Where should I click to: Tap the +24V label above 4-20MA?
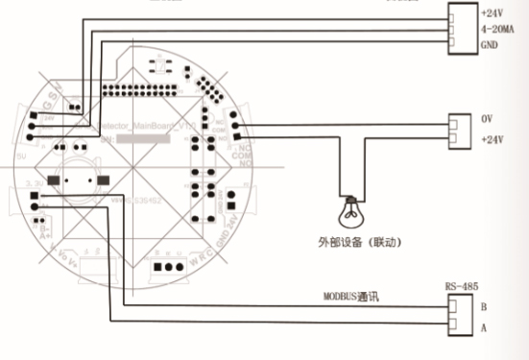pyautogui.click(x=492, y=15)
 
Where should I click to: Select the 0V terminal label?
pyautogui.click(x=487, y=120)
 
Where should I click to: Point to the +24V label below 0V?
pyautogui.click(x=492, y=139)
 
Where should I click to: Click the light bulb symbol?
pyautogui.click(x=352, y=205)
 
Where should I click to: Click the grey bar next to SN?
pyautogui.click(x=149, y=140)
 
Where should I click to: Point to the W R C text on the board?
pyautogui.click(x=202, y=255)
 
